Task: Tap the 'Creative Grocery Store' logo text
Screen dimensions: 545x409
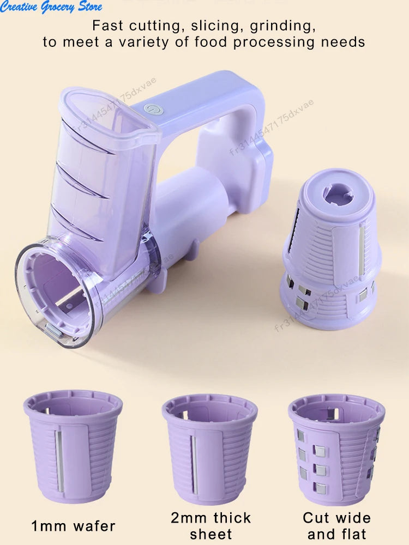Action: [x=52, y=7]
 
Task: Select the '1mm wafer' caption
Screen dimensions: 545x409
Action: [x=73, y=526]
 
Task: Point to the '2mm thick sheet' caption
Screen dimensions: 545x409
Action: [x=210, y=525]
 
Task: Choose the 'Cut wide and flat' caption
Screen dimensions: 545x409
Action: [x=336, y=525]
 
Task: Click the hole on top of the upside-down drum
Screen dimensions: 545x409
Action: [x=338, y=195]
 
